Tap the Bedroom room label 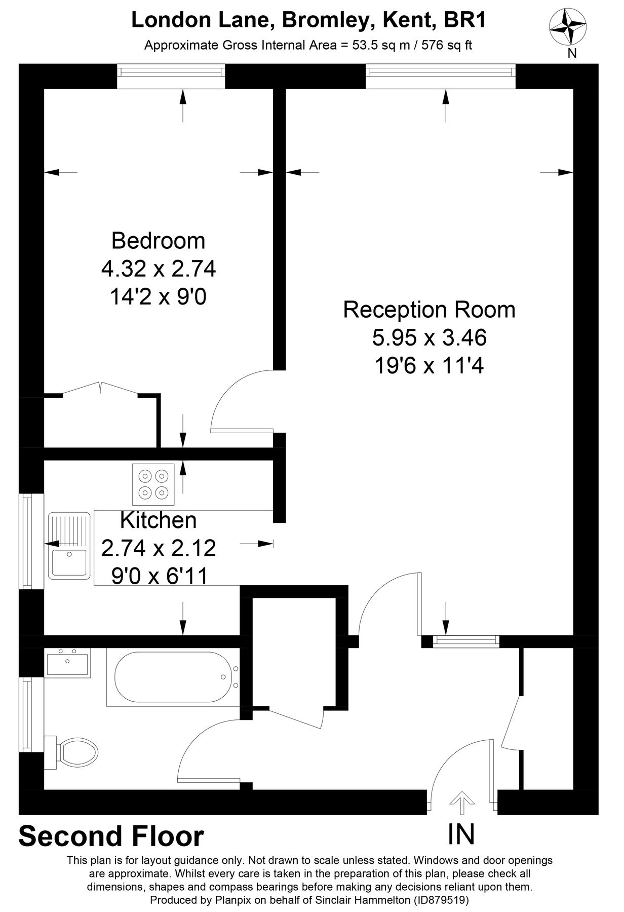click(158, 241)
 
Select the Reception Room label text click(429, 310)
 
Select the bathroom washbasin click(67, 663)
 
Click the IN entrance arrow click(461, 799)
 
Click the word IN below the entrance click(461, 834)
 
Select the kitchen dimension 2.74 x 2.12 click(159, 548)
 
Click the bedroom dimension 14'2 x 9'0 click(158, 297)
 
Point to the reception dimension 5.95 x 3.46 click(429, 337)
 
